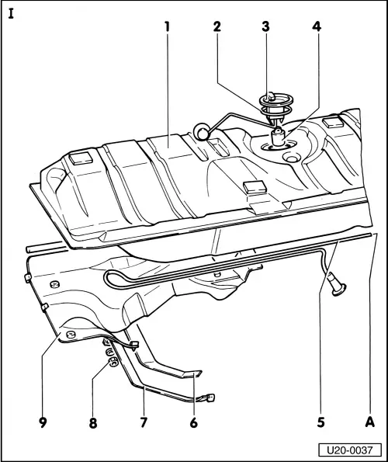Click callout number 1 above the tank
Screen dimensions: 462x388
(x=166, y=25)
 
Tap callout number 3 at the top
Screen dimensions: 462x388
(x=265, y=25)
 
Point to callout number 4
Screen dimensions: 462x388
(x=316, y=25)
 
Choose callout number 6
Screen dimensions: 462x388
(x=194, y=424)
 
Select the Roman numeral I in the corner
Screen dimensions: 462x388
(x=10, y=13)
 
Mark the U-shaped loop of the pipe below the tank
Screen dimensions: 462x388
(x=111, y=279)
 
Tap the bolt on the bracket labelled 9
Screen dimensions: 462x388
(x=70, y=335)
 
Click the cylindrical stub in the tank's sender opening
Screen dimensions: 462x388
(x=276, y=141)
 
